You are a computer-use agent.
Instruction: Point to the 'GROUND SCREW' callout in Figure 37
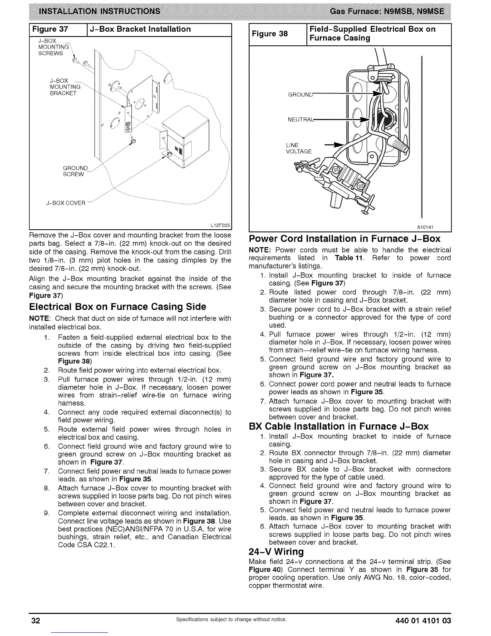click(75, 171)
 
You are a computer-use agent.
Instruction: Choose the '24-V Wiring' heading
click(276, 551)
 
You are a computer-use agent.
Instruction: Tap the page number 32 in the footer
click(36, 621)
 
